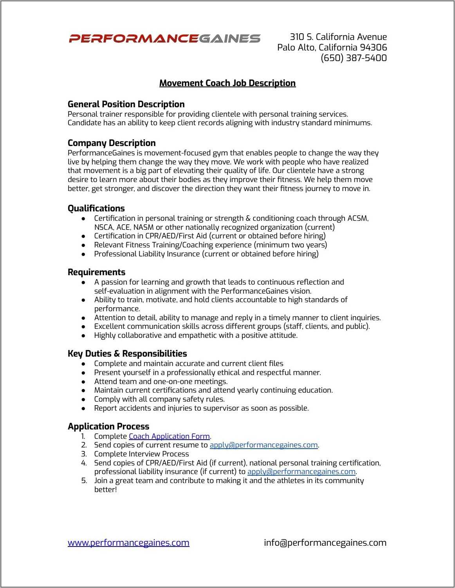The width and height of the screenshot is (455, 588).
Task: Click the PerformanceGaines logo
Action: [x=164, y=38]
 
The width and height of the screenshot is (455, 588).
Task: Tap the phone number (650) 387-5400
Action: [x=354, y=58]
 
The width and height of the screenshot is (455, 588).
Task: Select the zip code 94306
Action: [x=373, y=47]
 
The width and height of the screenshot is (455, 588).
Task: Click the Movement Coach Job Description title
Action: [x=227, y=83]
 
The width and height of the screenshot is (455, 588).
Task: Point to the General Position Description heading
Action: [x=126, y=104]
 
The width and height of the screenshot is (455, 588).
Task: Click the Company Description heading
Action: [x=112, y=143]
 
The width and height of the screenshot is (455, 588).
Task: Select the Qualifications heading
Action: [x=96, y=208]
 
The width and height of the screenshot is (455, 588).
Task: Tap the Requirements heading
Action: [x=96, y=272]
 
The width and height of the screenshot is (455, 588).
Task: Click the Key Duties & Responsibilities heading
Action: [x=127, y=354]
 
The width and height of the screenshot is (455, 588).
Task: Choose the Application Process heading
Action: [x=108, y=426]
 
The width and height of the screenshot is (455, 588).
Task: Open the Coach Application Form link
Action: [x=169, y=436]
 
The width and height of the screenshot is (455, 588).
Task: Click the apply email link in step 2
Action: [x=264, y=445]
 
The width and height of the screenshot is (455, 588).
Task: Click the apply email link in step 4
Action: [x=301, y=472]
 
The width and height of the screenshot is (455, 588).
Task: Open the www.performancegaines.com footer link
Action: [x=128, y=543]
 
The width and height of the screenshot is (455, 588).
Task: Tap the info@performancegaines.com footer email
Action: [x=325, y=543]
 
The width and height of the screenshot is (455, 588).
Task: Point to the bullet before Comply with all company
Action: [x=83, y=400]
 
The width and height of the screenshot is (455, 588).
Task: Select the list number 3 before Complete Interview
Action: [x=84, y=454]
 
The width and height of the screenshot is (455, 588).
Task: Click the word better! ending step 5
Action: [x=105, y=490]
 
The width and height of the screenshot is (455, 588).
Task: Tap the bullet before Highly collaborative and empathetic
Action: [x=83, y=336]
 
